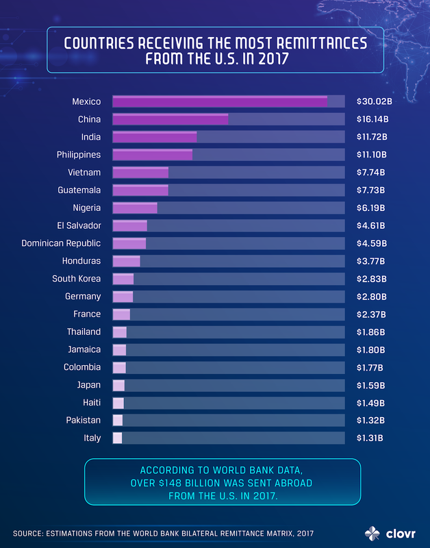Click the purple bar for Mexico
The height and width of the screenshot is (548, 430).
point(219,101)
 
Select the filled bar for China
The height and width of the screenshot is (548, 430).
point(170,119)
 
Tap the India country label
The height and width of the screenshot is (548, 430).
point(90,137)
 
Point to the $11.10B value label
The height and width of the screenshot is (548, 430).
point(372,155)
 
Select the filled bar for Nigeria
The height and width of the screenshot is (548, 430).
point(134,208)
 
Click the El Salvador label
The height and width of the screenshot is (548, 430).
point(79,225)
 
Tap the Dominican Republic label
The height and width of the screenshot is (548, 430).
point(61,243)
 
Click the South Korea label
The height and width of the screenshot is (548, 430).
point(76,279)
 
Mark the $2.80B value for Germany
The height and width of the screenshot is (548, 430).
point(371,297)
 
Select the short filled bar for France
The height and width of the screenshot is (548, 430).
point(121,314)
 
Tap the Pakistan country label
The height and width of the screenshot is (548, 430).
point(82,420)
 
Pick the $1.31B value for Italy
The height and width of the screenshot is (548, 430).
point(370,438)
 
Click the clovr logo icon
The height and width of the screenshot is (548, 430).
point(370,532)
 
